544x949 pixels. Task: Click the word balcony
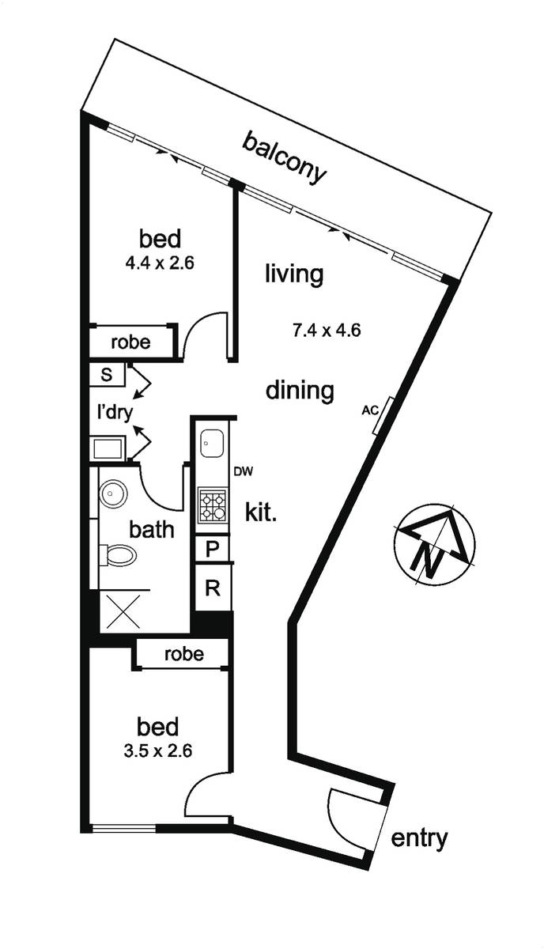point(285,158)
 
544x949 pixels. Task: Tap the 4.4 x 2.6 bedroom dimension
point(160,263)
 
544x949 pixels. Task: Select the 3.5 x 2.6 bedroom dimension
point(158,751)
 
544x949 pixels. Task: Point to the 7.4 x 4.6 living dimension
point(327,330)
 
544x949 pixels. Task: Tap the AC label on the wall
point(370,410)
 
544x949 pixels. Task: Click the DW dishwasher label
point(244,471)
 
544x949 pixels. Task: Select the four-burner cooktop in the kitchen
point(213,505)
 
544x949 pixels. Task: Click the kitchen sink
point(212,444)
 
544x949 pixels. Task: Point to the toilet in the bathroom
point(118,554)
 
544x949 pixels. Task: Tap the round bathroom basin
point(113,493)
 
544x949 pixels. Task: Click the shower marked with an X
point(123,611)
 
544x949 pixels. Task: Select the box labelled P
point(212,549)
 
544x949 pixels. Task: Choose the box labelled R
point(213,588)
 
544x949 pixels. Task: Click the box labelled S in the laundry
point(107,375)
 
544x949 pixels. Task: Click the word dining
point(300,390)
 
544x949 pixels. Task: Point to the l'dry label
point(115,412)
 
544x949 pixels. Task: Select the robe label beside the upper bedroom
point(130,342)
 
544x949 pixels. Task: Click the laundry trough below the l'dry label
point(108,448)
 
